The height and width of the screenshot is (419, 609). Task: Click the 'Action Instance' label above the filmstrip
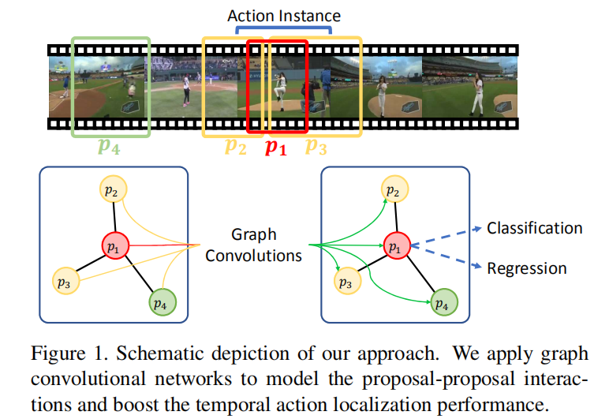[285, 15]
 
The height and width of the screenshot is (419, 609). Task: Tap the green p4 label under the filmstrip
[109, 146]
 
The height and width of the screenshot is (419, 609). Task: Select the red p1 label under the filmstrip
[275, 148]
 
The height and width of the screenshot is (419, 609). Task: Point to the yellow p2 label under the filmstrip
[235, 146]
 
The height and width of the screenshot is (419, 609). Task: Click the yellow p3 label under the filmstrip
[316, 146]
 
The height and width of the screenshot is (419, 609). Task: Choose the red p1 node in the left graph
[115, 246]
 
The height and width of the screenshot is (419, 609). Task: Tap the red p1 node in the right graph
[397, 246]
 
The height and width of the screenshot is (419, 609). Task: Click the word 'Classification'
[534, 229]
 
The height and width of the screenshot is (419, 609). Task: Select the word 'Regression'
[526, 268]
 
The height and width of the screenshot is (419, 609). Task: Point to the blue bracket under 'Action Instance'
[285, 31]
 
